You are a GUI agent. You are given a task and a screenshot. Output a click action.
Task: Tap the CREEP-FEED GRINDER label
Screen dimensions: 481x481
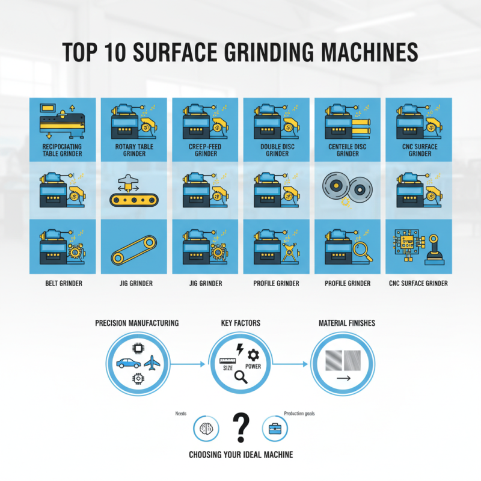206,150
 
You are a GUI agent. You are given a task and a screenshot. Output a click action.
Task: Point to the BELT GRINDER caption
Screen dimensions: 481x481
63,283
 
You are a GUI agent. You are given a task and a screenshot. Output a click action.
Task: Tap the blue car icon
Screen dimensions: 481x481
129,363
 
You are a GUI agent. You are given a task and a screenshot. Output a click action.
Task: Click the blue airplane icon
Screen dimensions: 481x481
153,363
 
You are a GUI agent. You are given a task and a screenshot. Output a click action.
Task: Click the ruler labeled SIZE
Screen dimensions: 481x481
228,363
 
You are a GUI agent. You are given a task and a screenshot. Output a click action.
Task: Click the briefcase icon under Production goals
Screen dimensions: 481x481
276,429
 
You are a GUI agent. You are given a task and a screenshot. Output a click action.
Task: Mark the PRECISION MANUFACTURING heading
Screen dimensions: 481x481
137,323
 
